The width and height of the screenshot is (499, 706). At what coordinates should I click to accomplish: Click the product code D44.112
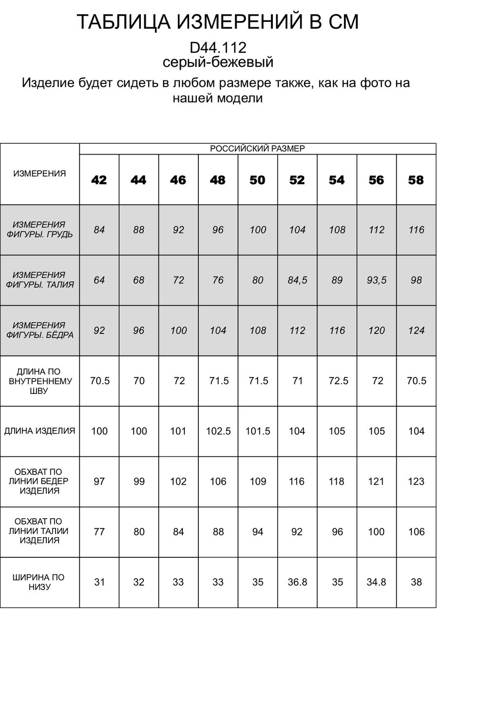pos(218,47)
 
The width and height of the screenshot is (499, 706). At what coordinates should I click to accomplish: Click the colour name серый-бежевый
pos(218,62)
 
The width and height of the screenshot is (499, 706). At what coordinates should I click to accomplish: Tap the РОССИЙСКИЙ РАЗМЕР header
pos(257,149)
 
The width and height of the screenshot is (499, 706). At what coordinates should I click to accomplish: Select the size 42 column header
pos(99,180)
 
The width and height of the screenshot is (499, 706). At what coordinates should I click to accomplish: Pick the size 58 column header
pos(416,180)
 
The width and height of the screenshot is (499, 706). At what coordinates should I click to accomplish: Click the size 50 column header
pos(257,180)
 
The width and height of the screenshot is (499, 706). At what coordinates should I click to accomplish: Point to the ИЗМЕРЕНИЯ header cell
pos(39,174)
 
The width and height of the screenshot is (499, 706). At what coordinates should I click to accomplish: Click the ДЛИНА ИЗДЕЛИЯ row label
pos(39,431)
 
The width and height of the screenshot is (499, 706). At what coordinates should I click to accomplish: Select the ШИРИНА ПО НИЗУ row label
pos(39,582)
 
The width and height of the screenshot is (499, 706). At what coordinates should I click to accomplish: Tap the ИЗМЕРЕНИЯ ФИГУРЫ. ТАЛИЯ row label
pos(39,280)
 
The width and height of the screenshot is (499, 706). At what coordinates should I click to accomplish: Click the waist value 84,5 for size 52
pos(297,280)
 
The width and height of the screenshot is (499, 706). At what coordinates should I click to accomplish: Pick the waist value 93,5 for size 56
pos(377,280)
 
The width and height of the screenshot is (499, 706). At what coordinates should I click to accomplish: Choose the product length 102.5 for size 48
pos(218,431)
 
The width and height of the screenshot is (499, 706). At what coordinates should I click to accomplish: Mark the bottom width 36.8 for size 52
pos(297,582)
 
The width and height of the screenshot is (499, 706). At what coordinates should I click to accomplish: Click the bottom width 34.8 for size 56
pos(377,582)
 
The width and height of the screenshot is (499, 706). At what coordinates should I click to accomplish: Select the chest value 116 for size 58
pos(416,230)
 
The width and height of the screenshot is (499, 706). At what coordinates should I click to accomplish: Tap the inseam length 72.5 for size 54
pos(337,381)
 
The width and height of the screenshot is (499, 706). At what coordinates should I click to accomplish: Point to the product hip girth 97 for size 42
pos(99,482)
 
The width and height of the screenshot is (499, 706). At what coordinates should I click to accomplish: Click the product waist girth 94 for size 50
pos(258,532)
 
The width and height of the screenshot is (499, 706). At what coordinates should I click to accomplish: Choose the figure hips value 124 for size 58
pos(416,331)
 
